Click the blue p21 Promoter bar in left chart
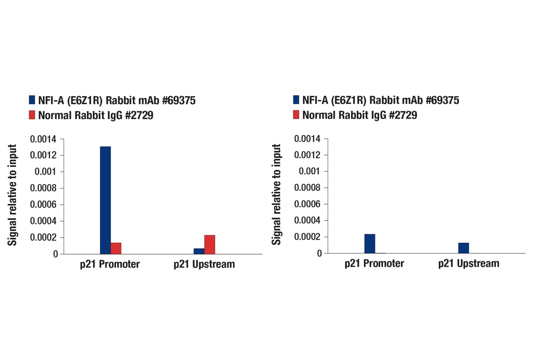105,200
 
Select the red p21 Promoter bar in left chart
116,248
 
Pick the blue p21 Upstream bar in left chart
199,251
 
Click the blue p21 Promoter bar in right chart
369,244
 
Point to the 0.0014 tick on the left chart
43,139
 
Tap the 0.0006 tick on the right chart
307,204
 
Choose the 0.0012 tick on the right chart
307,155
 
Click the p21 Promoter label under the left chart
109,264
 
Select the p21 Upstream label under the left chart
204,264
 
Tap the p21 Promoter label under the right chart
374,263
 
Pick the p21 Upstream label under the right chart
468,263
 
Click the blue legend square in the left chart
32,100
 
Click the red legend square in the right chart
296,115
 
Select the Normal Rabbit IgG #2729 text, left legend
96,115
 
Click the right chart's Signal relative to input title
277,195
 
